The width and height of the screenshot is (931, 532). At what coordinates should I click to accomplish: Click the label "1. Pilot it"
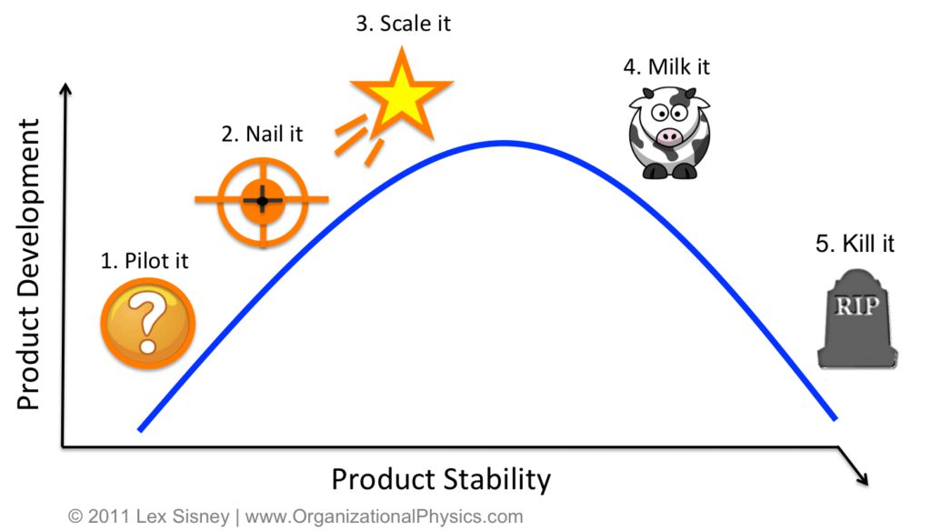click(145, 261)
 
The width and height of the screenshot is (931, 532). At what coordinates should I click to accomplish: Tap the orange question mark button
click(148, 324)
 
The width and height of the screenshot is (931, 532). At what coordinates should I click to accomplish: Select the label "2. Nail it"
click(262, 135)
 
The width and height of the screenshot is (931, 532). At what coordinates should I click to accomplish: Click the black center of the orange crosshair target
click(262, 201)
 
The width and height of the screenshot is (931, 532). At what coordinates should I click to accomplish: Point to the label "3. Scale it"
click(403, 24)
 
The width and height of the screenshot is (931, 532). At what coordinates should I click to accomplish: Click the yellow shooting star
click(401, 94)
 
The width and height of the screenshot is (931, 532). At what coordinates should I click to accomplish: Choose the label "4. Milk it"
click(666, 67)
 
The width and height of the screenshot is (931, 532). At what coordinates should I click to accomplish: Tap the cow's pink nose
click(669, 136)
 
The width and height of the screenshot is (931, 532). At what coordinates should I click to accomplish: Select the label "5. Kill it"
click(855, 244)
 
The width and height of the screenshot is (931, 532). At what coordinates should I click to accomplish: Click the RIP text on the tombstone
click(856, 306)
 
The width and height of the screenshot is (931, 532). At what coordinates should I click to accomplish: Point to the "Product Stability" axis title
click(441, 479)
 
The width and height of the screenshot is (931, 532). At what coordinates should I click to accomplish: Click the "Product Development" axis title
click(28, 265)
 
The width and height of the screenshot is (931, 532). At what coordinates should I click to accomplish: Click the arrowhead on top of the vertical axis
click(65, 88)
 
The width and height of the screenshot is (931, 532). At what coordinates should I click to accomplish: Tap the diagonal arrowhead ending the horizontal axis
click(862, 479)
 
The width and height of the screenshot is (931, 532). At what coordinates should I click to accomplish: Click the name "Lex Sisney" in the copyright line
click(182, 517)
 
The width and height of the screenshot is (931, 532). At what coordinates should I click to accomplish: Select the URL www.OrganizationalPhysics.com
click(384, 517)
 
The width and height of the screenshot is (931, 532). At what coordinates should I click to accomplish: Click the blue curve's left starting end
click(140, 429)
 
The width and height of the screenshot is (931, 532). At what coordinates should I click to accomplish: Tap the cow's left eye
click(660, 112)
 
